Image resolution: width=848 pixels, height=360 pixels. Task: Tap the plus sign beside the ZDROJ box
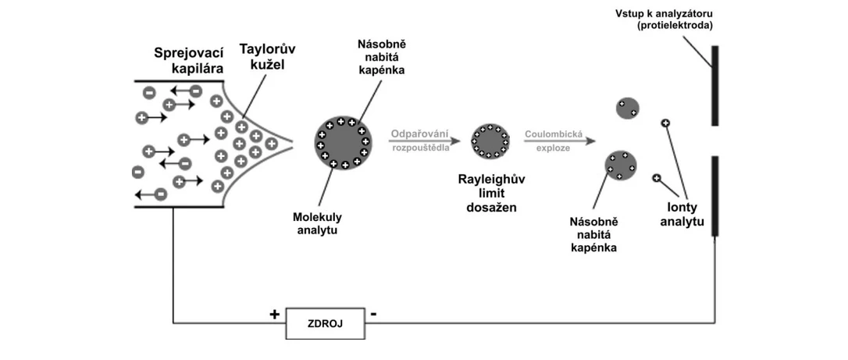[x=274, y=315]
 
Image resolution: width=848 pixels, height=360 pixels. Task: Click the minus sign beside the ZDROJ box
[x=375, y=314]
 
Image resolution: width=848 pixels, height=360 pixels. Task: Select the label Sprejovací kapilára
[x=189, y=60]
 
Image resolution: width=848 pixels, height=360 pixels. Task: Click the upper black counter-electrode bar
[x=714, y=86]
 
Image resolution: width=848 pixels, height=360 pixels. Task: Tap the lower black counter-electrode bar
[x=714, y=195]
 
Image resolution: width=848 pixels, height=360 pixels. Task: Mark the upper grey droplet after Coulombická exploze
[x=627, y=109]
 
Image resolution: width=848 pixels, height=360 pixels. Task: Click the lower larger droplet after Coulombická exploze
[x=622, y=166]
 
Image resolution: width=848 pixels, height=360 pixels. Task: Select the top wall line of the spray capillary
[x=180, y=80]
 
